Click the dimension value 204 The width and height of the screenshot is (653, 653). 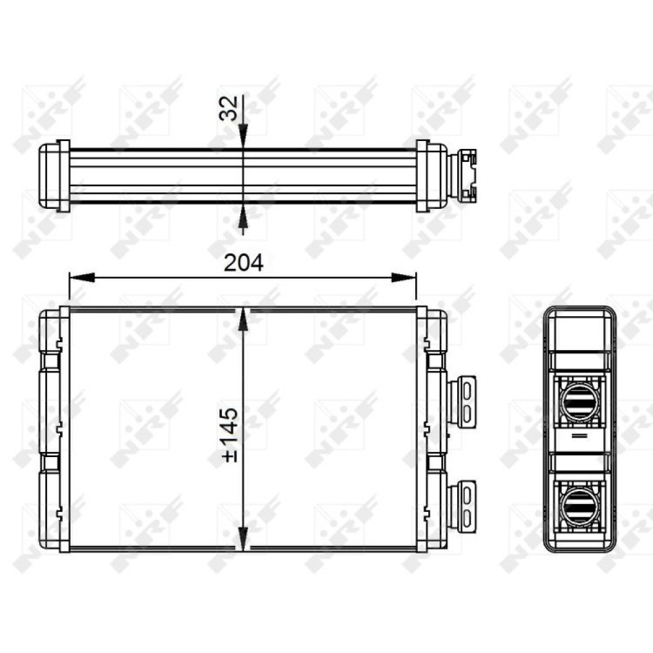point(244,263)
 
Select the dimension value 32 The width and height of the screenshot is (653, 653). point(229,108)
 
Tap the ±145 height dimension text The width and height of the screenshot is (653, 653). point(230,435)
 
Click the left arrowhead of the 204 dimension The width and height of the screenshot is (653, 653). point(82,278)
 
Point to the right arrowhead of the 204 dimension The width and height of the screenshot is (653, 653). point(404,278)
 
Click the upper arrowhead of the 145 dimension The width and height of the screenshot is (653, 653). point(243,320)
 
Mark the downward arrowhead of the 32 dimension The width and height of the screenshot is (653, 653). point(243,135)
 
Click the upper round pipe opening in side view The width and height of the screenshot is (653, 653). point(580,402)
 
